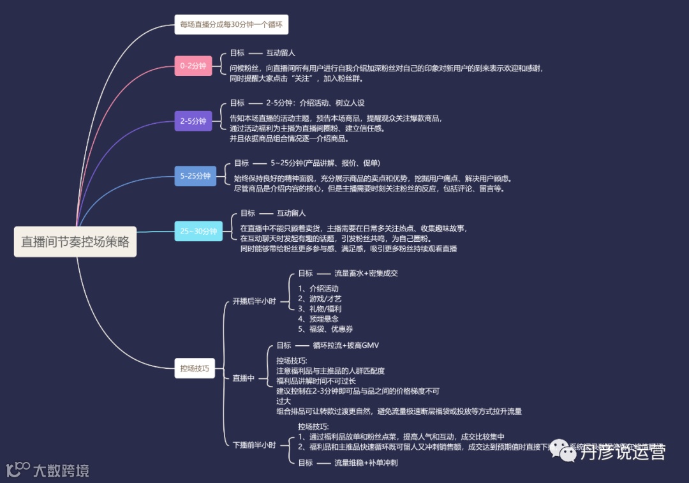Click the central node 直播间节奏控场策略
[x=75, y=242]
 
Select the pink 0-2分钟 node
[x=193, y=66]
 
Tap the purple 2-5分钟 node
[x=193, y=121]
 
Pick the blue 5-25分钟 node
[x=195, y=176]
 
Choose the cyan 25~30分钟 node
[x=198, y=231]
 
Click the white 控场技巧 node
[x=195, y=368]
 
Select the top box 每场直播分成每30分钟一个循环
[x=231, y=25]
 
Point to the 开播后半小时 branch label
[x=254, y=301]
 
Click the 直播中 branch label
[x=243, y=378]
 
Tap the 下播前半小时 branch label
[x=254, y=445]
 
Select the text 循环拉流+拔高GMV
[x=346, y=345]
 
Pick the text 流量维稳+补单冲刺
[x=366, y=463]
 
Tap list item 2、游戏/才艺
[x=320, y=298]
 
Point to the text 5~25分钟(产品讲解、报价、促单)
[x=325, y=163]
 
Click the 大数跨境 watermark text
[x=61, y=471]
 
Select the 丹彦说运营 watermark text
[x=623, y=452]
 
